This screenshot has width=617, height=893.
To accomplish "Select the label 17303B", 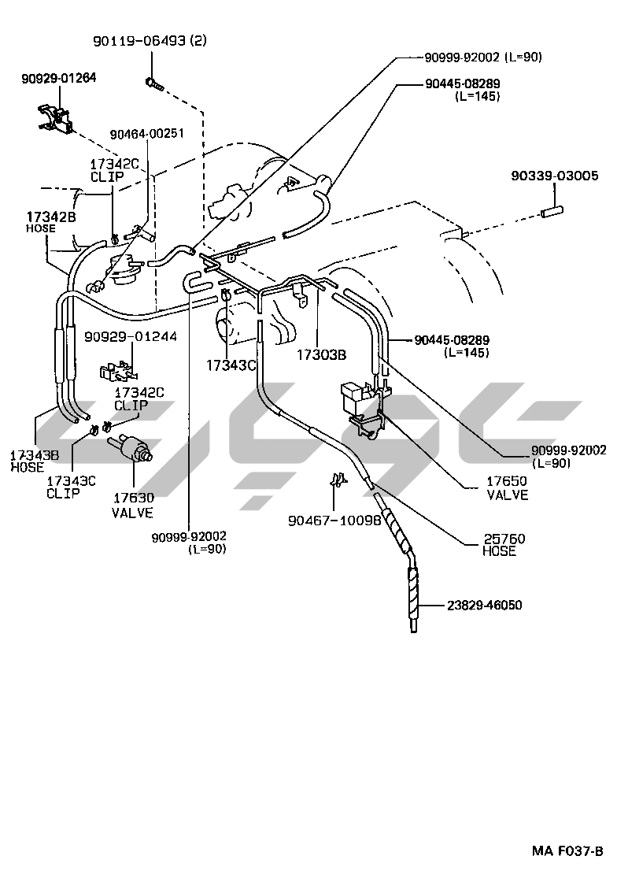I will click(x=321, y=355).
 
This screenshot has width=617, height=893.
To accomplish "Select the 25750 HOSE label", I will click(x=504, y=545).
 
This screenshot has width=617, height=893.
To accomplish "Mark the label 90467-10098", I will click(x=334, y=520).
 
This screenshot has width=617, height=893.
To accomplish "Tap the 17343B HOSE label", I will click(x=35, y=461).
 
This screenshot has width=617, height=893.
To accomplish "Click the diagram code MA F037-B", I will click(x=567, y=851).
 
